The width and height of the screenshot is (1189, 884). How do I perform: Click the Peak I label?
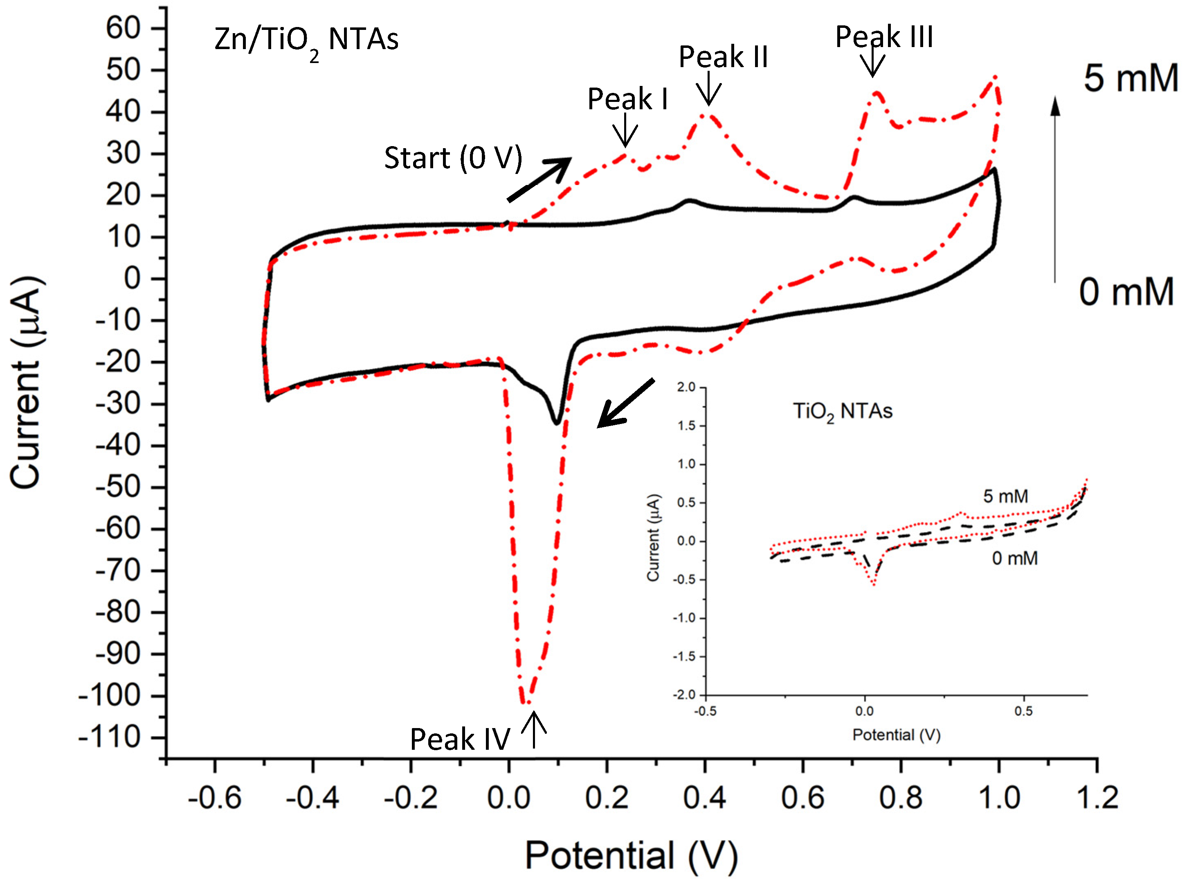click(627, 99)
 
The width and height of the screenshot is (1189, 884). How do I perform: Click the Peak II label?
click(723, 57)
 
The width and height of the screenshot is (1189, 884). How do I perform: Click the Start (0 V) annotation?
click(452, 158)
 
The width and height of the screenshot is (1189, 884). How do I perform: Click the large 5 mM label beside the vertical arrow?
click(1131, 79)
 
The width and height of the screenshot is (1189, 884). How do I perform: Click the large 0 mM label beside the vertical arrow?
click(1126, 292)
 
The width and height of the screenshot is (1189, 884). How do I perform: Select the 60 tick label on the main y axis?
click(123, 28)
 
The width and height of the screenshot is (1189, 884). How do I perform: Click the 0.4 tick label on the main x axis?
click(704, 798)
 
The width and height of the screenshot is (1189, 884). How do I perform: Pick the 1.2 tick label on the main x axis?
click(1097, 798)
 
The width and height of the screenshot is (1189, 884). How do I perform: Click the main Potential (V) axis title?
click(631, 856)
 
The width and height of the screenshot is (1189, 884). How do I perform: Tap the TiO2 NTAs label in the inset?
click(843, 411)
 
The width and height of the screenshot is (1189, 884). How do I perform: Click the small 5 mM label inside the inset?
click(1005, 496)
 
